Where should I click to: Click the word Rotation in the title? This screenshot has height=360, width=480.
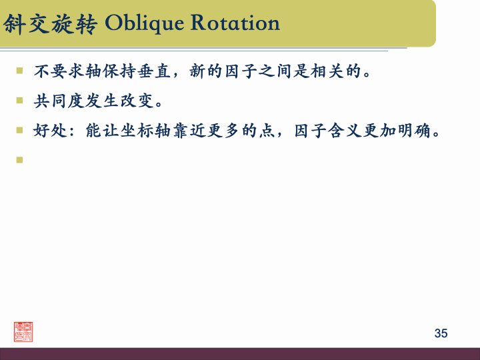coord(235,23)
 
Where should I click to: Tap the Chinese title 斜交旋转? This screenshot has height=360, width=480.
coord(50,24)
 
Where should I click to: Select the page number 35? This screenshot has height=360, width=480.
coord(441,333)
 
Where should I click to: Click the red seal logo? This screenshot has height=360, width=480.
coord(23,331)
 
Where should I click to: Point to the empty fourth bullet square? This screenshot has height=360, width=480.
coord(20,159)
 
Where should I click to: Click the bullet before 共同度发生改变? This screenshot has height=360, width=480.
coord(20,101)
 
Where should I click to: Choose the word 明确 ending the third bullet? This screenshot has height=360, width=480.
coord(424,131)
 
